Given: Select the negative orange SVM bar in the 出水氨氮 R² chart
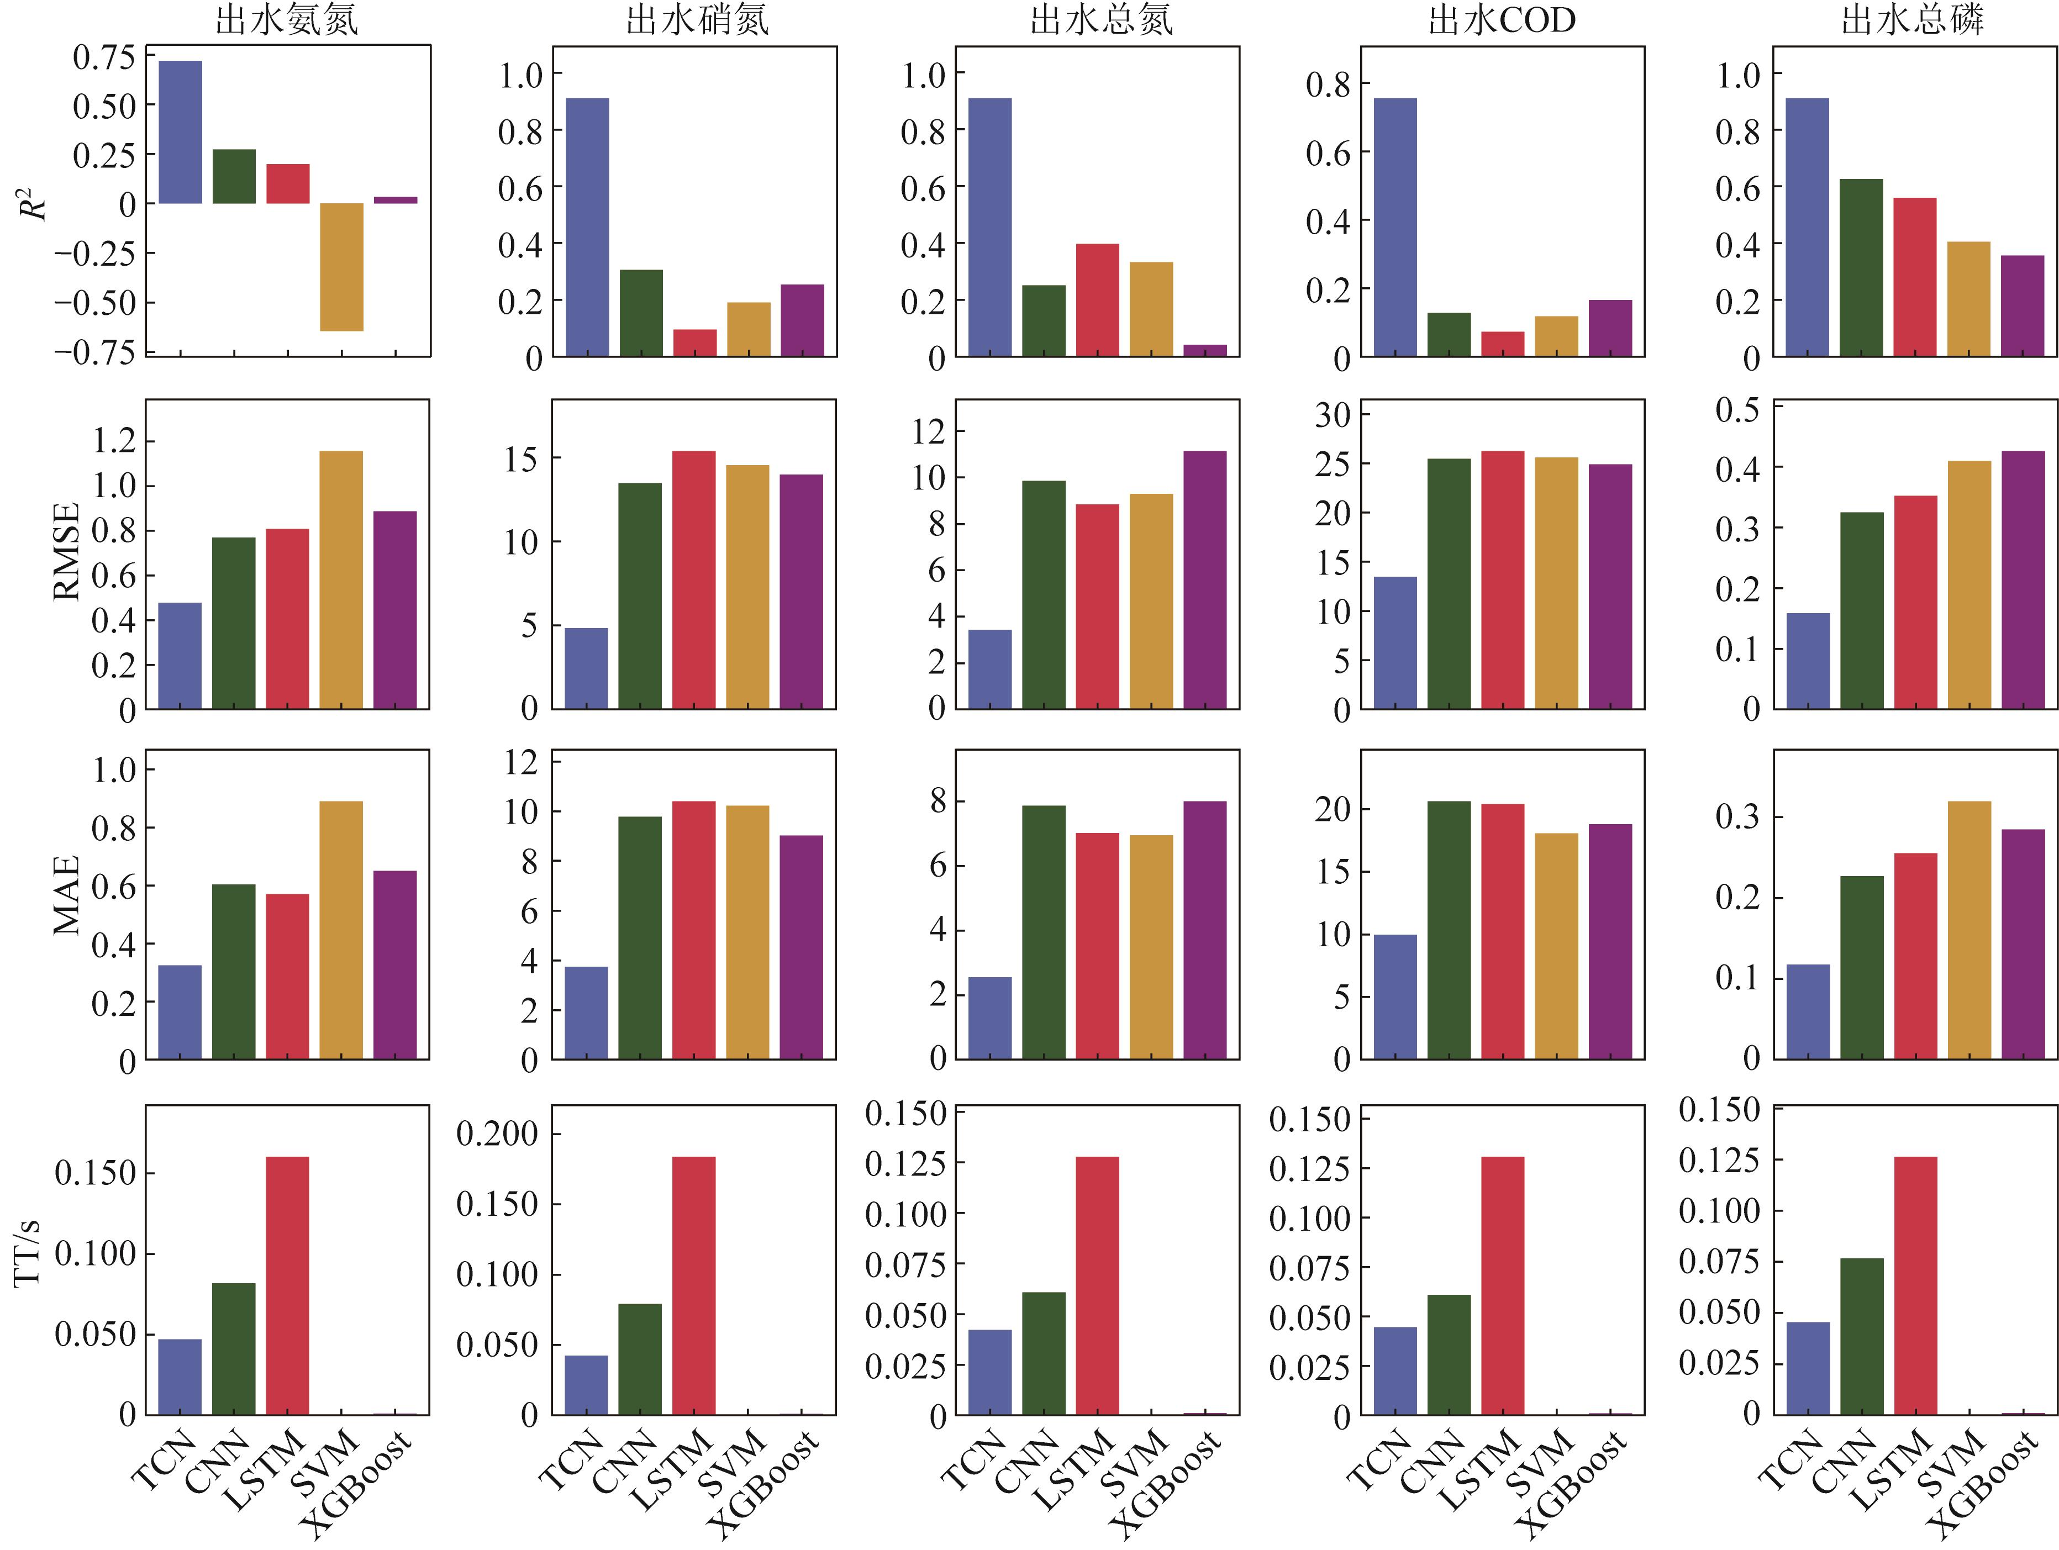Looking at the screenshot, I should [341, 267].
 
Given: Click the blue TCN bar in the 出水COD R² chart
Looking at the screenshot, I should [1394, 227].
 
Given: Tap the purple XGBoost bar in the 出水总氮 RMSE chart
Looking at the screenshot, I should [1204, 580].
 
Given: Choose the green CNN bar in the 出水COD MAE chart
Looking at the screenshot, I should [1449, 930].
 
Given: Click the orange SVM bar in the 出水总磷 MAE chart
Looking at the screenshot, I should [1969, 930].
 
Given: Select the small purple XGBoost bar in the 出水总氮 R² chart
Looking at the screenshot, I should [1204, 351].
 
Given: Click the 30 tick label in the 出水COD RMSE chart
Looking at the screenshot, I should [1332, 415].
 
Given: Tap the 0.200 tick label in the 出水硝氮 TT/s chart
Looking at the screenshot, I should [497, 1134].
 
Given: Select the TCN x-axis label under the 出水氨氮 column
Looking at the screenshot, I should [163, 1462].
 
